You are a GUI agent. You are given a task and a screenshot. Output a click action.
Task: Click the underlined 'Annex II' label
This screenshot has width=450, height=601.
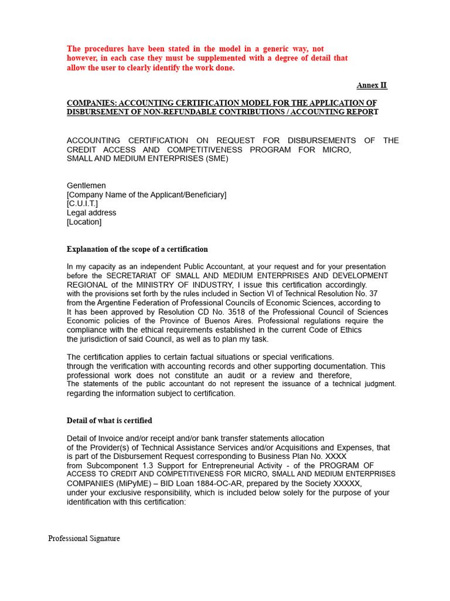371,85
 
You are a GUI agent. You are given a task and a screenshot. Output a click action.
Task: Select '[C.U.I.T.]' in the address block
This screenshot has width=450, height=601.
83,204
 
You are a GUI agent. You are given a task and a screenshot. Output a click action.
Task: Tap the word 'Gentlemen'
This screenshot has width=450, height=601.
86,185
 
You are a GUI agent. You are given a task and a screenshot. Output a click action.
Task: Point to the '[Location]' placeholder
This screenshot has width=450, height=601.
84,222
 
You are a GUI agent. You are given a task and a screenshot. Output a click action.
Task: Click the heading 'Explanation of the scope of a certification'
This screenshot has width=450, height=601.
137,249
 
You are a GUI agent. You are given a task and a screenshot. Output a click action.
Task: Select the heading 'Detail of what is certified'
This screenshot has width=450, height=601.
110,421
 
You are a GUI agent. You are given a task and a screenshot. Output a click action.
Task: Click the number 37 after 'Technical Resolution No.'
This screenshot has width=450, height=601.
373,294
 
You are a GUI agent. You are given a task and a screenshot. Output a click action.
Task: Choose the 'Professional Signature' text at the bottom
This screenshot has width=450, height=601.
84,538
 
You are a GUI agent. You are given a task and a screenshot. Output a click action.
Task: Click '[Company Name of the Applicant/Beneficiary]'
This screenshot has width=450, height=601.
146,195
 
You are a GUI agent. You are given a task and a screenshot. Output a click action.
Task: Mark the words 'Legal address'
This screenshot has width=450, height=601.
91,213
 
